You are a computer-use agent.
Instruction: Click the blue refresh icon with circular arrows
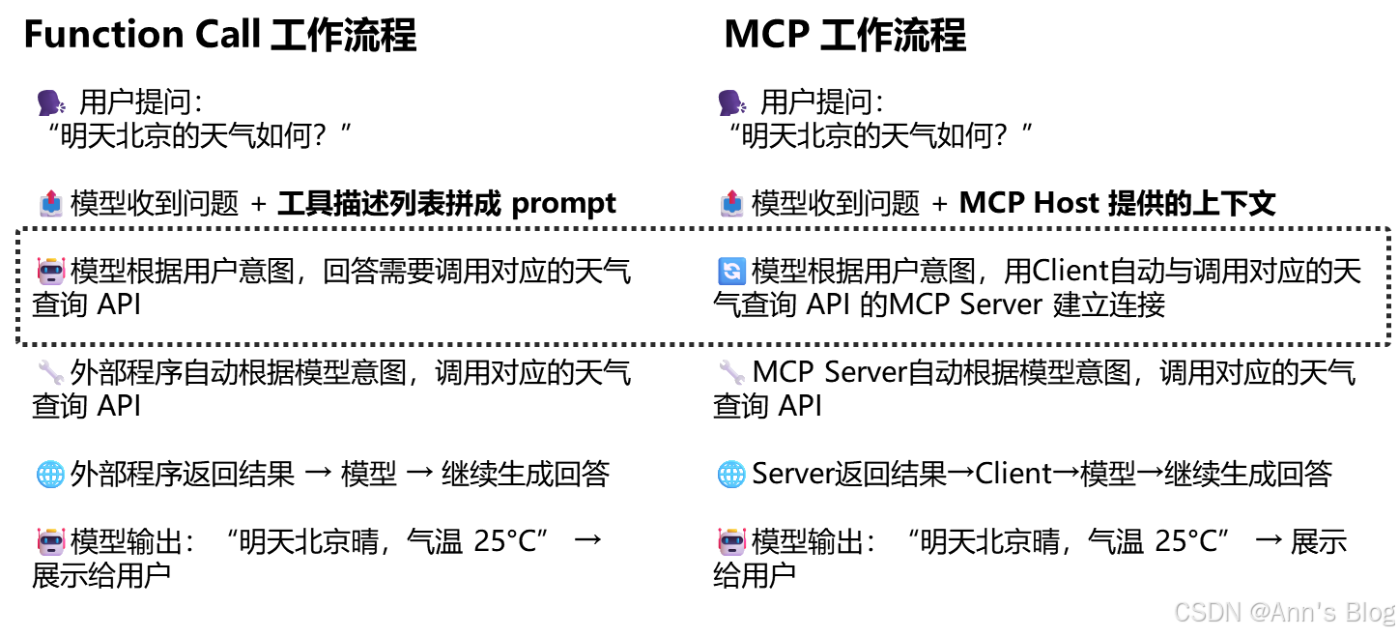[732, 272]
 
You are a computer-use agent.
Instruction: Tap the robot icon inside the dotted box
[51, 271]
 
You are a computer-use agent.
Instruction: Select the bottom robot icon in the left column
[51, 541]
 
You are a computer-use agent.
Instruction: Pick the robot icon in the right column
[732, 541]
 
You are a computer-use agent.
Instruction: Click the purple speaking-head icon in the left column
[51, 102]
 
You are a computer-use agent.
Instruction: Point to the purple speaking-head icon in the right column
[731, 102]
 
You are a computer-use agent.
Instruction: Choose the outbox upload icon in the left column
[51, 203]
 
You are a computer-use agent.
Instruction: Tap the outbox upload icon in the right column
[731, 203]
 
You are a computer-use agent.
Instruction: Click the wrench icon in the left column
[51, 372]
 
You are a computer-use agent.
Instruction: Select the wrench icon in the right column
[731, 372]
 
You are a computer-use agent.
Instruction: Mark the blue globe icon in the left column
[51, 474]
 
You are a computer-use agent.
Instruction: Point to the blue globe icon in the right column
[731, 474]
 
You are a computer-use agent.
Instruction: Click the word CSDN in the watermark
[1206, 611]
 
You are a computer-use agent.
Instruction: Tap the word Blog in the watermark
[1369, 612]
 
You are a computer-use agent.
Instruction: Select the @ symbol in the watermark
[1258, 612]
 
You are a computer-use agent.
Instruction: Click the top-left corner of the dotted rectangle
[18, 230]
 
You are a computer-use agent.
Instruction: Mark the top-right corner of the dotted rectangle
[1388, 230]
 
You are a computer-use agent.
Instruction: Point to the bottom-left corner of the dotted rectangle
[18, 343]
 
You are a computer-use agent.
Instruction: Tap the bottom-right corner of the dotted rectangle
[1388, 343]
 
